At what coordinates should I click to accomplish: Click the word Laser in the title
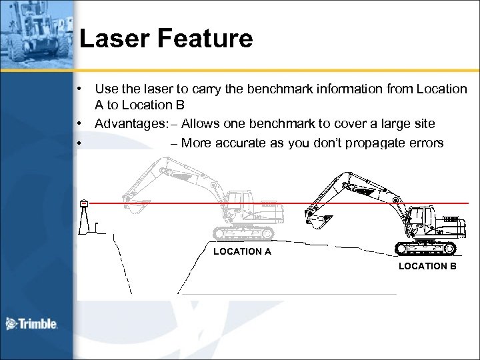coord(113,39)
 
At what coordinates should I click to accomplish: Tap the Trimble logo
coord(32,324)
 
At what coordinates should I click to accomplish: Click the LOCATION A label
coord(242,251)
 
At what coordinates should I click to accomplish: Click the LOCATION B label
coord(427,266)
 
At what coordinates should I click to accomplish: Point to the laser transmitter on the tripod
coord(84,203)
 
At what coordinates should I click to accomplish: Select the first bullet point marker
coord(79,89)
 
